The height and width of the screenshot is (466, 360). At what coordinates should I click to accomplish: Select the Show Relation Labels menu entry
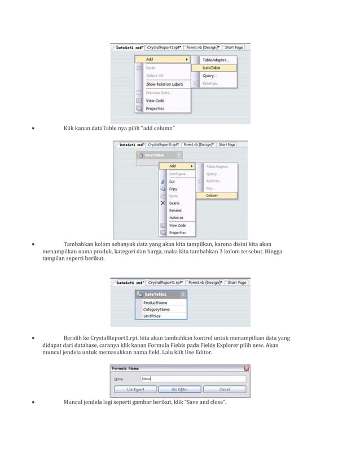click(164, 84)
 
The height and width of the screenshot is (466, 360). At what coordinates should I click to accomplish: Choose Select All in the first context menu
click(155, 75)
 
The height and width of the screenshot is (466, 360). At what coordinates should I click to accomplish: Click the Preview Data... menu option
click(159, 93)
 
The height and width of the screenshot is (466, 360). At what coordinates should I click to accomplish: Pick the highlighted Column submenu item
click(212, 195)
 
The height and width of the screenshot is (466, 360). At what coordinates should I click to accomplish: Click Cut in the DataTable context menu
click(173, 182)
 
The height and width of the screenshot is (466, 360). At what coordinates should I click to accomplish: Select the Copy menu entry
click(173, 189)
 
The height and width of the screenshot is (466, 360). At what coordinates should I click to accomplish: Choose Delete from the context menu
click(174, 203)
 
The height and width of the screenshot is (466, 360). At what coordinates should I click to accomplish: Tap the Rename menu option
click(175, 210)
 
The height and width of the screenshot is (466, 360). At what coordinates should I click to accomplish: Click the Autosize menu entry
click(176, 217)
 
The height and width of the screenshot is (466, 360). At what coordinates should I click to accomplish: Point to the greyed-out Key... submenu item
click(210, 188)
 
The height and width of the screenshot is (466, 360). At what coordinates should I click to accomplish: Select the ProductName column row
click(155, 302)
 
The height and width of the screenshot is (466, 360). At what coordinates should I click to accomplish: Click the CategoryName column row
click(156, 309)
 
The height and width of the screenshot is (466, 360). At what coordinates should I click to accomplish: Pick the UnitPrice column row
click(152, 316)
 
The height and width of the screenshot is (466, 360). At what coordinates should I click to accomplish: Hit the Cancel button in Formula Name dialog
click(224, 389)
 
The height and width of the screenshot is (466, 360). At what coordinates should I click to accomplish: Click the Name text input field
click(192, 379)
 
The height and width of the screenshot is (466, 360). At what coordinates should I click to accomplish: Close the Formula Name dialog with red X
click(246, 368)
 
